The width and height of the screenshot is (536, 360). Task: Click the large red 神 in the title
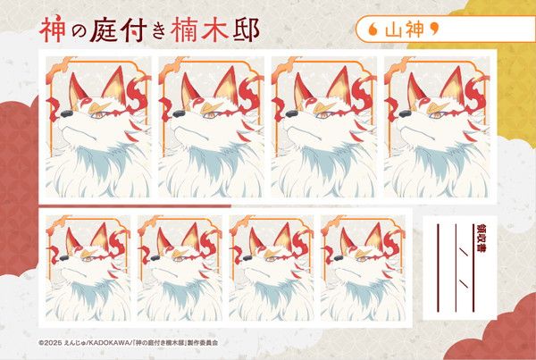point(52,29)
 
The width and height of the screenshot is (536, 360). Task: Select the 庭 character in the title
point(103,29)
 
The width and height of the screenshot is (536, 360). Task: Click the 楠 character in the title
point(184,29)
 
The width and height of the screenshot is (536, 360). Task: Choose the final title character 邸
point(246,29)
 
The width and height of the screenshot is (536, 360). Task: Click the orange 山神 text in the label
point(405,29)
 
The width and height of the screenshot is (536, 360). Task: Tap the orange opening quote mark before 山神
point(373,30)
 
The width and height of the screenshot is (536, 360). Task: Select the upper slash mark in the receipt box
point(464,251)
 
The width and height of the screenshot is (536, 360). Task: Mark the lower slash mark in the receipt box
point(464,283)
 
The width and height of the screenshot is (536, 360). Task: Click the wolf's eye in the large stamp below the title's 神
point(96,115)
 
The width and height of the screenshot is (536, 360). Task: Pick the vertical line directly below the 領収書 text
point(473,284)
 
